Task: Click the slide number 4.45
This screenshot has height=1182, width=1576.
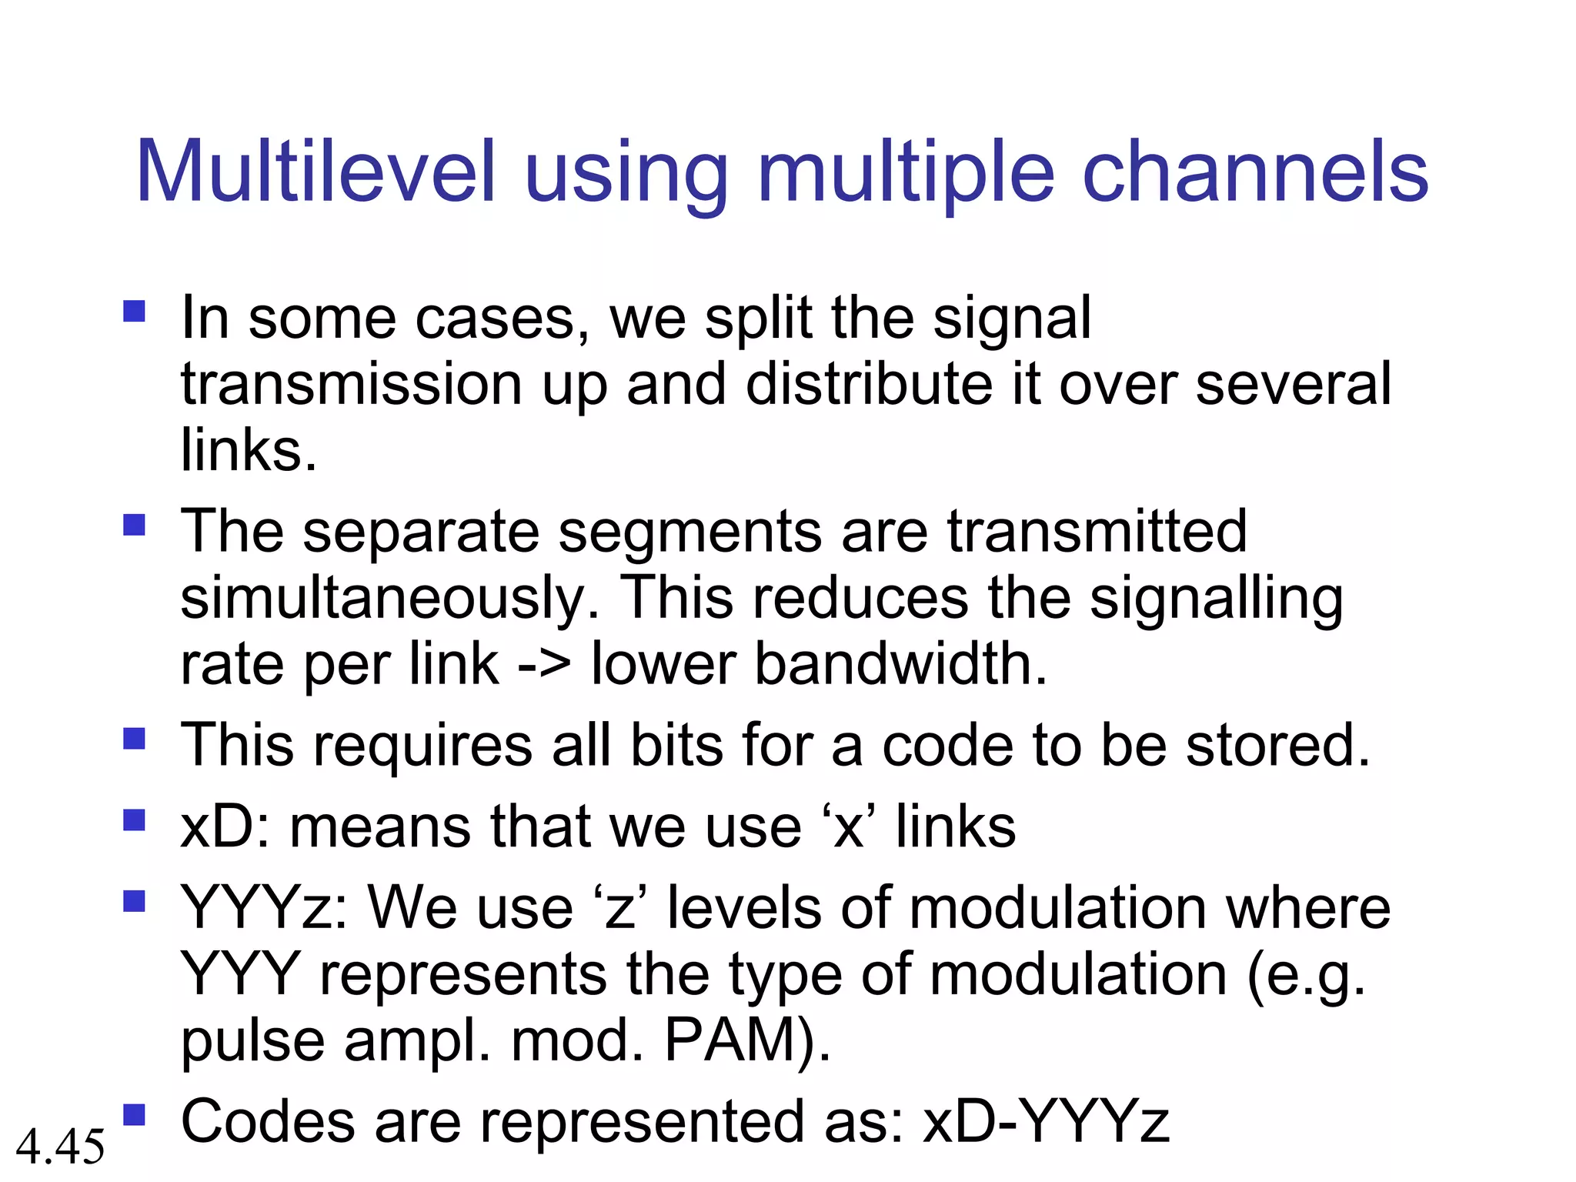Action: pos(60,1146)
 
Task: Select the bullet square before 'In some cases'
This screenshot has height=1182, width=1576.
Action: pos(135,311)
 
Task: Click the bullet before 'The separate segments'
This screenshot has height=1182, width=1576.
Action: pos(135,525)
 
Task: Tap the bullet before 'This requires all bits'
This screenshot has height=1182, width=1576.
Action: pos(135,739)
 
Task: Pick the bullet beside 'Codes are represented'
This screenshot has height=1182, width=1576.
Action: pos(135,1114)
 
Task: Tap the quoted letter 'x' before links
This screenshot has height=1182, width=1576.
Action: pos(849,827)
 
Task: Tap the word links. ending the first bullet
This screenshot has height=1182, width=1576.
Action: pos(248,449)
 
